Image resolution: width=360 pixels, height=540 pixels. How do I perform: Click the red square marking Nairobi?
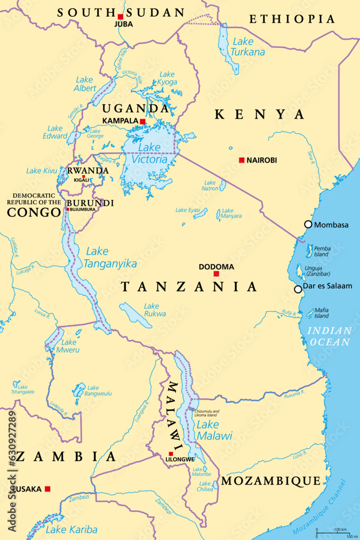point(242,160)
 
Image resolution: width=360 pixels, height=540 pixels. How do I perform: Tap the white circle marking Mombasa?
point(308,224)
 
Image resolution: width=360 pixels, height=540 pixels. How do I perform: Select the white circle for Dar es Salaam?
point(298,289)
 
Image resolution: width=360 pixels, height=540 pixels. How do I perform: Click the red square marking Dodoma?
point(216,274)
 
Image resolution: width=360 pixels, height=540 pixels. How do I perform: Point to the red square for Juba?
point(120,17)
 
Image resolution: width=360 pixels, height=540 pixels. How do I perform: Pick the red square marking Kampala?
point(142,121)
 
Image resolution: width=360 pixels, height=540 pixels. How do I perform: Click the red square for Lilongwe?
point(171,454)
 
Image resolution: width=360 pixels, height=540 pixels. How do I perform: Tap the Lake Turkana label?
point(248,47)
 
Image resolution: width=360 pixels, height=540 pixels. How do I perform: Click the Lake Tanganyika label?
point(110,258)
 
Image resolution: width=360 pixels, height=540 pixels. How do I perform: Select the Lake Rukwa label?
point(154,309)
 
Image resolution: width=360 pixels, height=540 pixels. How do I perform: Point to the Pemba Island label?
point(322,251)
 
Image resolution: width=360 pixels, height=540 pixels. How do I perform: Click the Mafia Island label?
point(322,313)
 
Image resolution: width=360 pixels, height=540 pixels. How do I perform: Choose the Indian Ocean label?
point(329,336)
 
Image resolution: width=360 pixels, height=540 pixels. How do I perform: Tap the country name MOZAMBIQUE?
point(271,481)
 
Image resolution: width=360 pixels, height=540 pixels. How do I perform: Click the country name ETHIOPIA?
point(291,19)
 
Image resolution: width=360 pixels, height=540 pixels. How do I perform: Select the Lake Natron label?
point(209,186)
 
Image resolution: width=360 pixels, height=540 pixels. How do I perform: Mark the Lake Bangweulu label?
point(100,390)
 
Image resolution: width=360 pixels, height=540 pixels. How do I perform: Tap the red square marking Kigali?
point(84,176)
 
